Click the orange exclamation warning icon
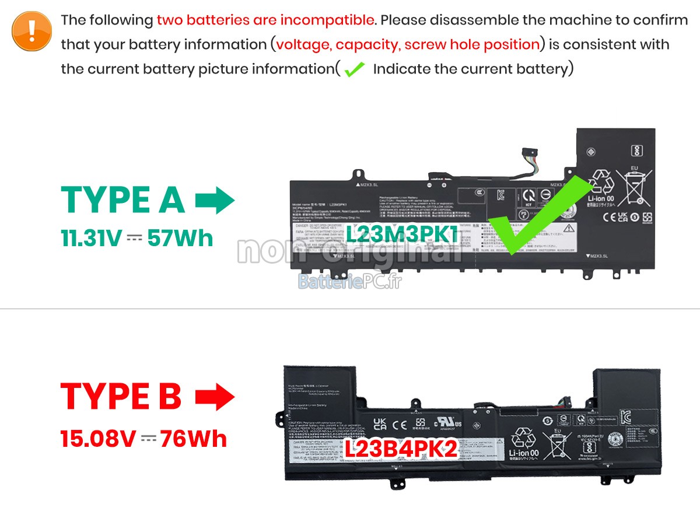pyautogui.click(x=32, y=30)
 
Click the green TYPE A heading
pyautogui.click(x=123, y=200)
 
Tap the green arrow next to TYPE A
pyautogui.click(x=215, y=200)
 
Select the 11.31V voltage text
pyautogui.click(x=91, y=239)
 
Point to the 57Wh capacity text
pyautogui.click(x=180, y=239)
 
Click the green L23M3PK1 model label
pyautogui.click(x=402, y=235)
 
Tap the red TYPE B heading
pyautogui.click(x=121, y=397)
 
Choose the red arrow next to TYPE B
pyautogui.click(x=215, y=397)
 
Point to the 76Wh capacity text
pyautogui.click(x=194, y=439)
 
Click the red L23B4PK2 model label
pyautogui.click(x=401, y=449)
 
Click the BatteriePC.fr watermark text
pyautogui.click(x=350, y=282)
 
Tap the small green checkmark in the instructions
pyautogui.click(x=354, y=69)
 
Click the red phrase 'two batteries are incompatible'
pyautogui.click(x=265, y=20)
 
